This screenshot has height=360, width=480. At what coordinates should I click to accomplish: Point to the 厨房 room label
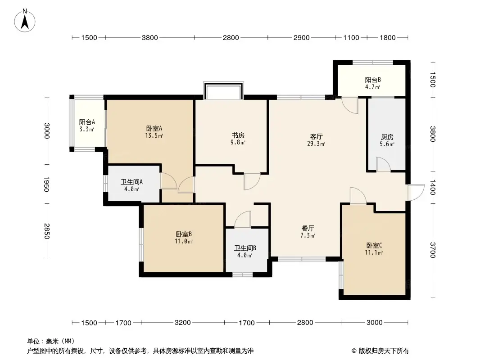[387, 140]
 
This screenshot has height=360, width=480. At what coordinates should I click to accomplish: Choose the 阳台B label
[373, 83]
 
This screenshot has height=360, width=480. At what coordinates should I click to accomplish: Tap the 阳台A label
[86, 126]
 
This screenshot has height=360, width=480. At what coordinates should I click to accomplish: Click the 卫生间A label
[131, 185]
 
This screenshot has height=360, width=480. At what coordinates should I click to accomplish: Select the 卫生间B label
[245, 251]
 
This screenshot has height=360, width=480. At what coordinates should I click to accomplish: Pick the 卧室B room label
[184, 237]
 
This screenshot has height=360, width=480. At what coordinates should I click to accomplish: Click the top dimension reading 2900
[301, 38]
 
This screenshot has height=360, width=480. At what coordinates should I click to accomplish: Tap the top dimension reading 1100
[351, 38]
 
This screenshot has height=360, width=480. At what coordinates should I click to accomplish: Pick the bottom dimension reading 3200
[183, 323]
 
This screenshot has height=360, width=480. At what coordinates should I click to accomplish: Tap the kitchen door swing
[383, 164]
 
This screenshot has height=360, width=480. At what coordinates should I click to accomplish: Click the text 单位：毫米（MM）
[51, 341]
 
